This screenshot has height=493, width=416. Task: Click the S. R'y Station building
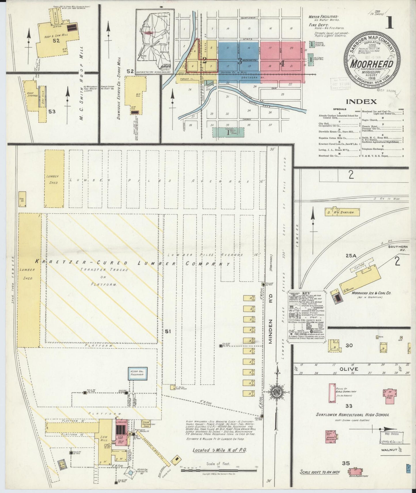pyautogui.click(x=343, y=212)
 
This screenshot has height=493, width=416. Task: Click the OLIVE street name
pyautogui.click(x=348, y=369)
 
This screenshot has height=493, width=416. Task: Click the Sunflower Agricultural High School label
pyautogui.click(x=352, y=415)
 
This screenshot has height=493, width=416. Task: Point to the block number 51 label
pyautogui.click(x=168, y=331)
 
